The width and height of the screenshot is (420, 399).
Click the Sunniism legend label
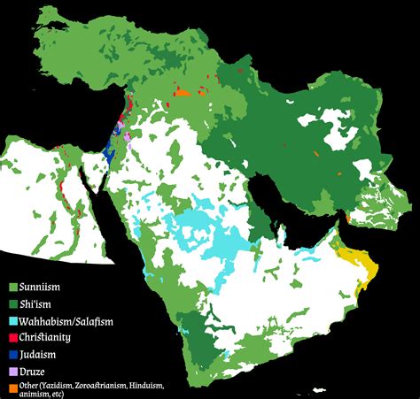point(41,288)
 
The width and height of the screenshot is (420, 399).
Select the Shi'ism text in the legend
point(36,304)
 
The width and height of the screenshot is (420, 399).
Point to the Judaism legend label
point(38,354)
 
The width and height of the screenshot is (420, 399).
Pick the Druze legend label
point(33,371)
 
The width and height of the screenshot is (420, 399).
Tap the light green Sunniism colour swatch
point(12,288)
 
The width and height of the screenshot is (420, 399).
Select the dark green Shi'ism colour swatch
point(12,304)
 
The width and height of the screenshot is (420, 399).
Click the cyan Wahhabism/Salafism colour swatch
point(12,321)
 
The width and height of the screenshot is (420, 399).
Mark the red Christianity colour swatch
point(12,338)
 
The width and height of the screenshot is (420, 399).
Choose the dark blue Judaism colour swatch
point(12,354)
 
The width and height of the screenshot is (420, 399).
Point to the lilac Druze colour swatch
point(12,371)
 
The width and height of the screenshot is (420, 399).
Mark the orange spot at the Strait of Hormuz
point(348,217)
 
